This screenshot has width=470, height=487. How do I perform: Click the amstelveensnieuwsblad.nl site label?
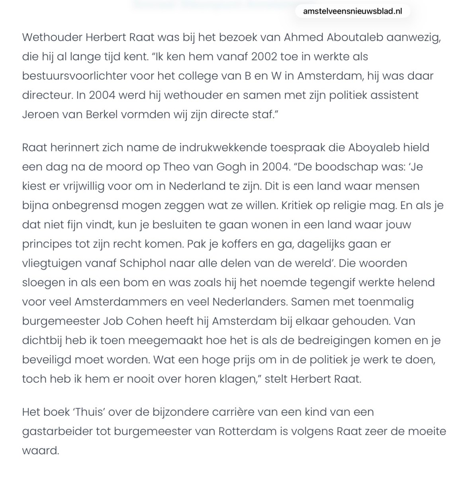coord(352,11)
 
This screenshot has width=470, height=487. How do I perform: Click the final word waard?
coord(40,451)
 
